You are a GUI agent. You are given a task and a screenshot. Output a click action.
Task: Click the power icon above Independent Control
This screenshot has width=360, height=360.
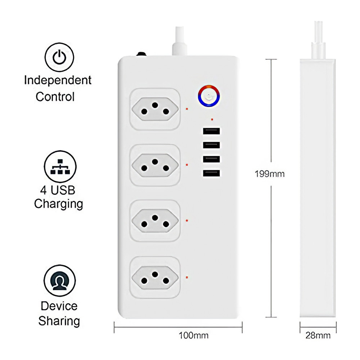59,58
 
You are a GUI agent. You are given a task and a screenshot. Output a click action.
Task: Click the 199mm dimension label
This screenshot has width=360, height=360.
270,174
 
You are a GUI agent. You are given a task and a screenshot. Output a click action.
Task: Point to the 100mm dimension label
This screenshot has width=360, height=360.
193,336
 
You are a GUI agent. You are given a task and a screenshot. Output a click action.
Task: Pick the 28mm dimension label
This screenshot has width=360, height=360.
318,336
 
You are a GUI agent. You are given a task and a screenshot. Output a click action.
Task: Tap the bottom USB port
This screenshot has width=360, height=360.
211,174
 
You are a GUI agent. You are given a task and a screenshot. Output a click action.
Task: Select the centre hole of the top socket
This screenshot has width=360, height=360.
155,105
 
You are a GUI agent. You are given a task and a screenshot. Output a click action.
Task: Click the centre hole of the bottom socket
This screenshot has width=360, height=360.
155,274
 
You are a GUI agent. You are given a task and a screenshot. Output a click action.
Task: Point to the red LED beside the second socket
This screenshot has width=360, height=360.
187,165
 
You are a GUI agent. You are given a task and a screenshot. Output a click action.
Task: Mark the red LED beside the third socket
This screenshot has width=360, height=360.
187,220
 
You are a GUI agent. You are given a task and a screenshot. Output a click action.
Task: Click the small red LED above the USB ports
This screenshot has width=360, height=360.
212,119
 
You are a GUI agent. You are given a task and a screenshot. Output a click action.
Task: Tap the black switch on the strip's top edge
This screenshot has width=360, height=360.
141,54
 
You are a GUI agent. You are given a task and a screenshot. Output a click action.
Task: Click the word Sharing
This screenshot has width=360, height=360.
59,320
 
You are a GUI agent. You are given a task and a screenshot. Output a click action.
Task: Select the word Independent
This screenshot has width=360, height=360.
58,80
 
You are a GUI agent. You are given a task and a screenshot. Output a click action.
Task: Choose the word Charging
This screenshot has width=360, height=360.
58,204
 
